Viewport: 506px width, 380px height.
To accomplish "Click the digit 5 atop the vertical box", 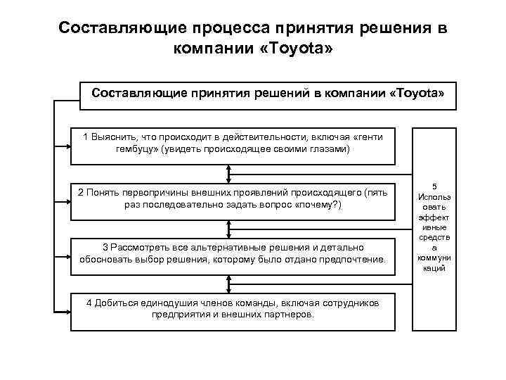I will pos(434,186).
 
